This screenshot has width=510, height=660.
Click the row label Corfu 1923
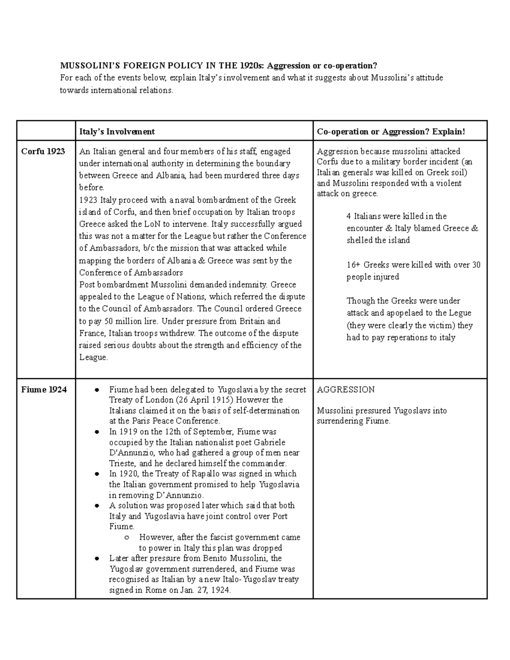(43, 151)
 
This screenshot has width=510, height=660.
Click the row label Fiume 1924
(44, 389)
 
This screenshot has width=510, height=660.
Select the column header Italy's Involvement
(117, 132)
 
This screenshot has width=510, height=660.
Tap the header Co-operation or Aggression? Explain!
(391, 132)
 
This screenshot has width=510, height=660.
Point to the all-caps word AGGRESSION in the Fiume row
(346, 389)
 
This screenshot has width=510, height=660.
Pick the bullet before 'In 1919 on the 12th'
(97, 432)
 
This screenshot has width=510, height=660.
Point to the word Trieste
(122, 463)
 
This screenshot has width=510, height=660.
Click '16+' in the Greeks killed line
(353, 265)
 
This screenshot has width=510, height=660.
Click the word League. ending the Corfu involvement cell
(93, 357)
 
